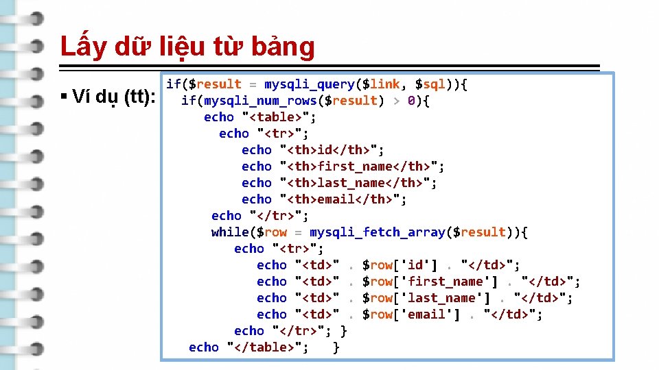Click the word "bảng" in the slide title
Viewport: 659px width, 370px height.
284,47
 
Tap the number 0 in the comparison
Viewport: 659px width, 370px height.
411,101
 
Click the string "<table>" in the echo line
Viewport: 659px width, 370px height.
275,117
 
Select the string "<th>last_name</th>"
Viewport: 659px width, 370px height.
358,183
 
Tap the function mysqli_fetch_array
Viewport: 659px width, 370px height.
377,232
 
